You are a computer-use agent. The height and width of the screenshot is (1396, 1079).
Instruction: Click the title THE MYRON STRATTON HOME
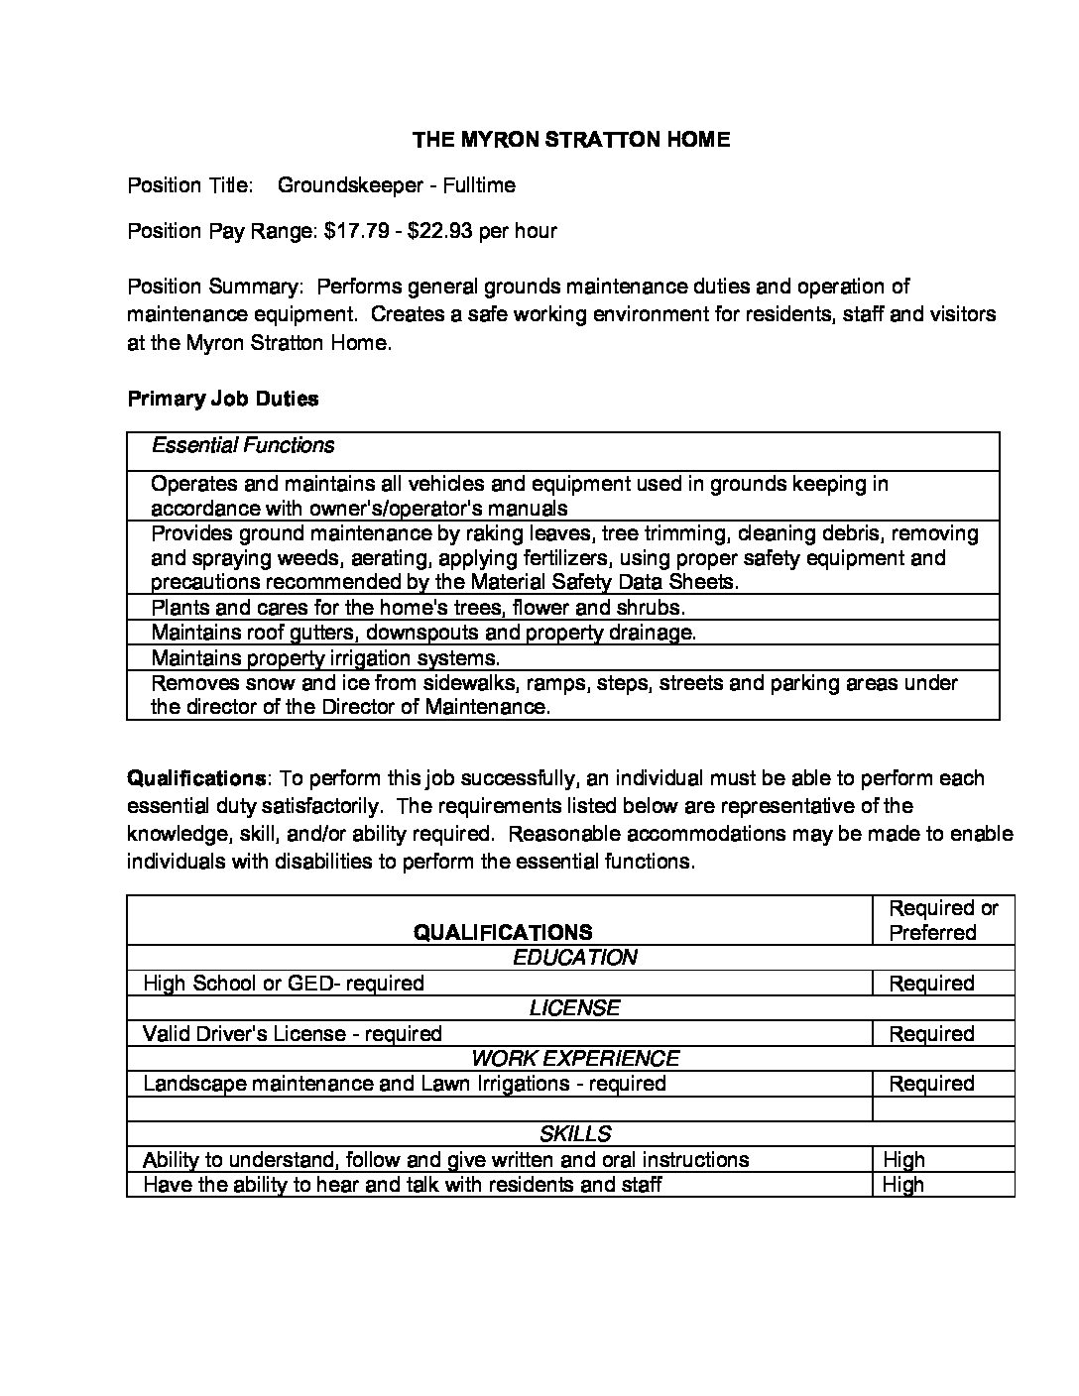[571, 140]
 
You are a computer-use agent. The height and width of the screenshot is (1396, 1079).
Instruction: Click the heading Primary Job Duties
[223, 400]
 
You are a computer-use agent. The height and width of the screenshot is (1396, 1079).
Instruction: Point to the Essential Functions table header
[243, 446]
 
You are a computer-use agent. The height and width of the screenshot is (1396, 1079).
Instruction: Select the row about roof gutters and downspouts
[423, 633]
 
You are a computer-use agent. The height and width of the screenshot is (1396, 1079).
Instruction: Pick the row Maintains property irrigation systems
[325, 658]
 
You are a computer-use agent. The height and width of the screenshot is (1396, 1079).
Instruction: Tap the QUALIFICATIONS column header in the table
[503, 932]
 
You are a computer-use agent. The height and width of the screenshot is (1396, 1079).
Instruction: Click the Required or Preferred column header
[943, 920]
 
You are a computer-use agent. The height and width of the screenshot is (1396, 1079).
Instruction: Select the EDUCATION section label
[574, 958]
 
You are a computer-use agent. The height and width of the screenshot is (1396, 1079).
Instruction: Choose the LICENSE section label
[574, 1008]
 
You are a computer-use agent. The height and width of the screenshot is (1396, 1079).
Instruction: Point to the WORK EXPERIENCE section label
[574, 1059]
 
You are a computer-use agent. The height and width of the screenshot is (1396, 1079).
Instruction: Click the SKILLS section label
[574, 1134]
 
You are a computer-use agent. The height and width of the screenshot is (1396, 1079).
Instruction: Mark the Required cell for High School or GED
[931, 984]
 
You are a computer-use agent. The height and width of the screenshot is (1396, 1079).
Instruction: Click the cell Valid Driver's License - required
[292, 1034]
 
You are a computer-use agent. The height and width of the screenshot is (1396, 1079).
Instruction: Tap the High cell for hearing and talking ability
[903, 1185]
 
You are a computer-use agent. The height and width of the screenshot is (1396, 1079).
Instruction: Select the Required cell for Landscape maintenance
[931, 1084]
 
